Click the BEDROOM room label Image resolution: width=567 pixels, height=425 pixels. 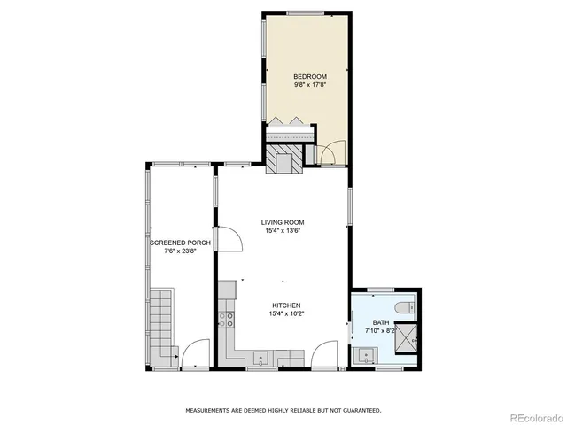pos(310,77)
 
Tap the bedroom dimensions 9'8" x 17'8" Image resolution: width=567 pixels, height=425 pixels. pos(310,85)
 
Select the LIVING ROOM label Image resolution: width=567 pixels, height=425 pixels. pos(283,222)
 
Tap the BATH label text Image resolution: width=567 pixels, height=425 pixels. pos(380,322)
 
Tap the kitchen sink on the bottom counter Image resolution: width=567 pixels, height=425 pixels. pos(262,358)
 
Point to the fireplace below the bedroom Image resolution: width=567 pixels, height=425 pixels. pos(283,159)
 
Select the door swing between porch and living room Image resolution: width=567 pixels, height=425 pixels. pos(228,240)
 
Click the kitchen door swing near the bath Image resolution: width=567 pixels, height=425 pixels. pos(325,354)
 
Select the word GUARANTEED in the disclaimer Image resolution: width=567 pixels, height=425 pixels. pos(362,411)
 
